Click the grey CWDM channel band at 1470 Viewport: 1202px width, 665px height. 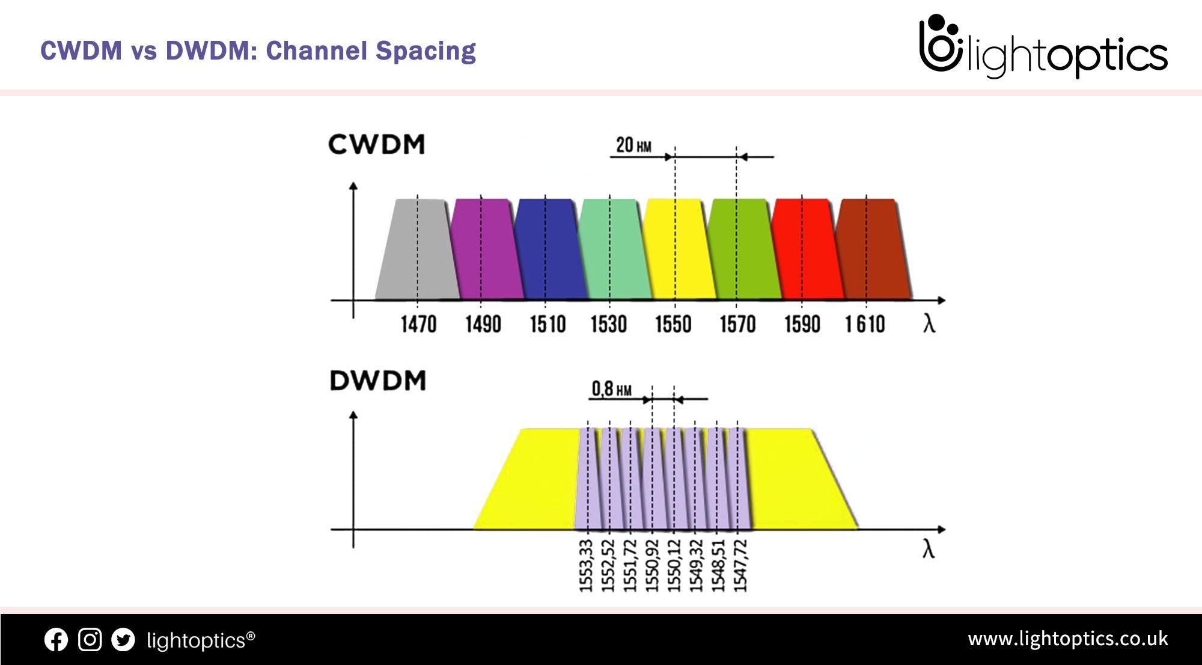tap(418, 249)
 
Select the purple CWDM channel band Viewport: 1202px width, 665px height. tap(486, 249)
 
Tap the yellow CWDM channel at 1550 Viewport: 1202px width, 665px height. tap(678, 249)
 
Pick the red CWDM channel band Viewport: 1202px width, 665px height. tap(807, 249)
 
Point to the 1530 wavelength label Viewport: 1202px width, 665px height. tap(609, 325)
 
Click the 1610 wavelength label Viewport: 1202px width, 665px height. tap(865, 325)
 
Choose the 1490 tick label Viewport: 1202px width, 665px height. tap(483, 325)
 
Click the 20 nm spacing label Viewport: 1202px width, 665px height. tap(633, 145)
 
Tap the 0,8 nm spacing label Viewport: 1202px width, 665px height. tap(612, 389)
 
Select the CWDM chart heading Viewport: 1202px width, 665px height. tap(377, 145)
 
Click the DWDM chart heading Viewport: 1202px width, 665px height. tap(378, 381)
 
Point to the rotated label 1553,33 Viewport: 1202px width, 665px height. tap(587, 565)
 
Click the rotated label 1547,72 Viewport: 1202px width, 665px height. tap(741, 565)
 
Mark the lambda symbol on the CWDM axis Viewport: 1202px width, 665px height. tap(929, 324)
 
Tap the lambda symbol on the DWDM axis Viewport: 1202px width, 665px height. tap(929, 549)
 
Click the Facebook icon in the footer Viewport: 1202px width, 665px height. tap(56, 640)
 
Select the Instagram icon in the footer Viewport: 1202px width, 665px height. tap(90, 640)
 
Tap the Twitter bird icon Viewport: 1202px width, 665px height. tap(123, 640)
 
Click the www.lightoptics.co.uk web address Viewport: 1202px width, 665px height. tap(1068, 639)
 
